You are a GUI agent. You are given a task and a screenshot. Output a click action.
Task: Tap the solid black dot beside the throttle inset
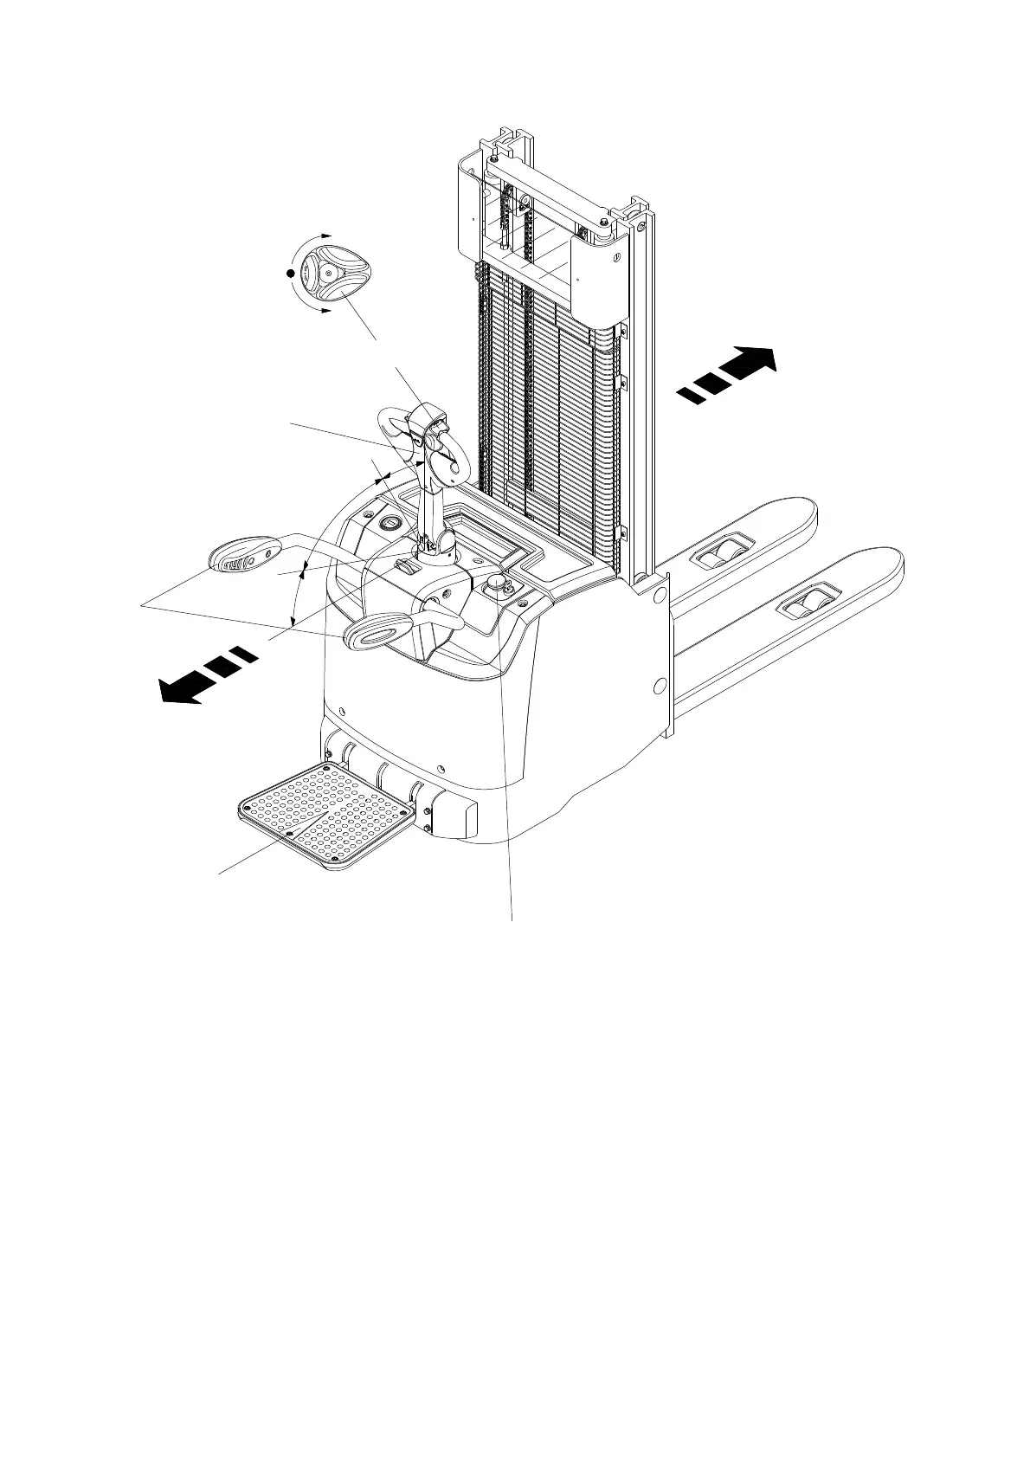[291, 273]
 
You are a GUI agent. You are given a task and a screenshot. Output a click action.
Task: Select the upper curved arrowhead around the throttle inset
[326, 235]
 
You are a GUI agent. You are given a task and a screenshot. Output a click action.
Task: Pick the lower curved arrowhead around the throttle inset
[326, 310]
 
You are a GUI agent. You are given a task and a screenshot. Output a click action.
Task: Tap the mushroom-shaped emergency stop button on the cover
[496, 583]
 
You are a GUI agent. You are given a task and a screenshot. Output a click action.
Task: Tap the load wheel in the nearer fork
[808, 603]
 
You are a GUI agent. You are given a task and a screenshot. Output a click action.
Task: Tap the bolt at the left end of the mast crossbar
[494, 160]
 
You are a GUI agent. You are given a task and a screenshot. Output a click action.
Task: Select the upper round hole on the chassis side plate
[659, 595]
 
